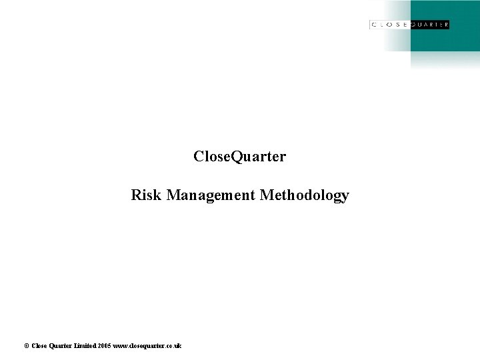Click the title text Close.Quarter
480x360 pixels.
click(x=239, y=157)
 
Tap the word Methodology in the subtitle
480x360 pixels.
click(x=304, y=196)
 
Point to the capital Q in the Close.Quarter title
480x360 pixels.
click(x=236, y=157)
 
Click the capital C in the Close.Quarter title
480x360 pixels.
click(x=199, y=157)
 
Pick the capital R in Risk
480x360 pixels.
click(x=136, y=195)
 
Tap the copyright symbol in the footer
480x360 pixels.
click(x=26, y=345)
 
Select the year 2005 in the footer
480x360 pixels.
click(x=103, y=345)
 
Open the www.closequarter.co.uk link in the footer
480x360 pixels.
click(x=147, y=345)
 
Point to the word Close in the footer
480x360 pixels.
click(x=39, y=345)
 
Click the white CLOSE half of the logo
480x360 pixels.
click(x=390, y=25)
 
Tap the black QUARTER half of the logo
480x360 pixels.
click(x=429, y=25)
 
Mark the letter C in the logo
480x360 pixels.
click(x=374, y=25)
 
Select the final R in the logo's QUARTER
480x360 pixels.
click(x=445, y=25)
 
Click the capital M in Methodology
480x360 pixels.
click(x=265, y=195)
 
